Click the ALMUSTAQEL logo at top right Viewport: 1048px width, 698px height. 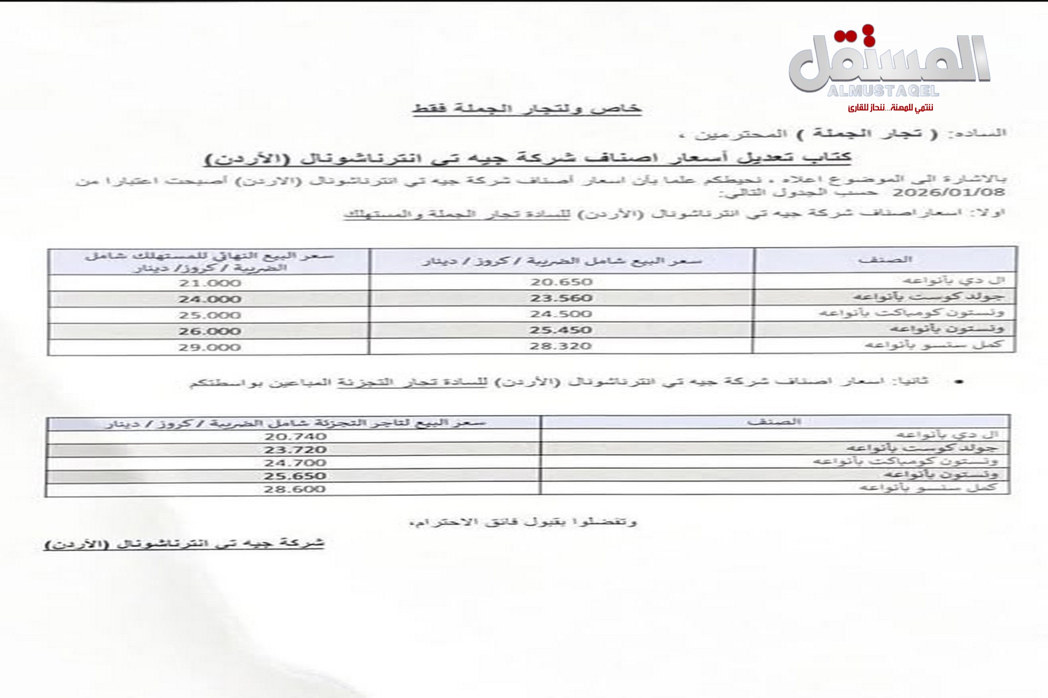point(889,66)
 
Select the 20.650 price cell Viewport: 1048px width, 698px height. point(561,282)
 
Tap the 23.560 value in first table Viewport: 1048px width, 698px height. point(561,298)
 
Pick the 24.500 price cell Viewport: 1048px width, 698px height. point(561,314)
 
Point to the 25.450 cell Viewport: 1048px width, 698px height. point(561,330)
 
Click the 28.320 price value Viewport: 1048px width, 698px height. point(561,346)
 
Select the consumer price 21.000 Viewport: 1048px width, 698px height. point(209,283)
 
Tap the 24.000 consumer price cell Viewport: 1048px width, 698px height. point(209,299)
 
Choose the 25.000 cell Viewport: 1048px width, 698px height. point(209,315)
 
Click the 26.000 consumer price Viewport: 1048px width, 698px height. point(209,331)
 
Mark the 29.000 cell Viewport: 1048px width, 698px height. point(209,347)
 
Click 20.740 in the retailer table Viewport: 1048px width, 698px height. point(295,437)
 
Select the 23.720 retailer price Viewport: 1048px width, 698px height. point(295,450)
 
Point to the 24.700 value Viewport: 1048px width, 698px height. point(295,463)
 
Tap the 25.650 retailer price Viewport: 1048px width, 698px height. point(295,476)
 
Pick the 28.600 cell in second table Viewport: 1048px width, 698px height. point(295,489)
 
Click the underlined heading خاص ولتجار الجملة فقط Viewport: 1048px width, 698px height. point(527,109)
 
